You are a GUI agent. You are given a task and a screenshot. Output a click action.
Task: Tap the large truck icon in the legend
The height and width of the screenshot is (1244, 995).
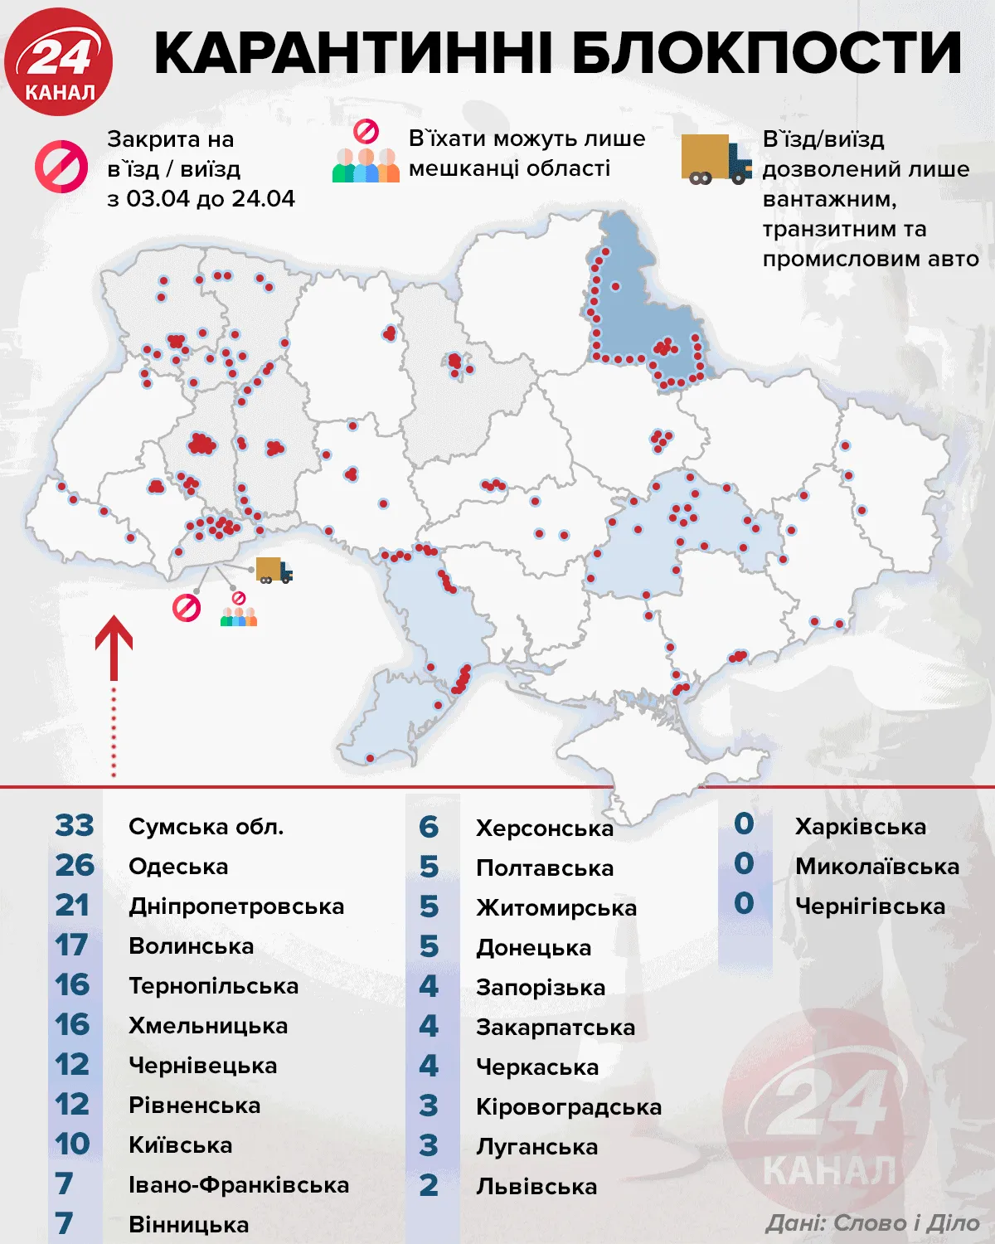(716, 159)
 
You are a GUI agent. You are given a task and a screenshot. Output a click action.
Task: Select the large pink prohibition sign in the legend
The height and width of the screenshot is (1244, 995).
(61, 167)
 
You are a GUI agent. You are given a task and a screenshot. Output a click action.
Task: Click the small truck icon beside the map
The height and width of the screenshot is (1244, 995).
(274, 571)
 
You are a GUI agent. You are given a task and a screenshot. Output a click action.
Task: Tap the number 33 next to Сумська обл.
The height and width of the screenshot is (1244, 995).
(75, 826)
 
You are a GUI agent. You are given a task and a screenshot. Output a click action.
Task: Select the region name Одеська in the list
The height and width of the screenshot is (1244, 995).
(178, 867)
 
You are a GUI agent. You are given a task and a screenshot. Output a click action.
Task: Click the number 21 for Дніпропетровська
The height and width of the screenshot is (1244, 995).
(72, 906)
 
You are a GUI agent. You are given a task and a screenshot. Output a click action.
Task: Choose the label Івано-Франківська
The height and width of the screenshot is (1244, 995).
(239, 1185)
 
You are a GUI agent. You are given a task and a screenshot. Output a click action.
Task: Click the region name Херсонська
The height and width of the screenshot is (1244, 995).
(545, 829)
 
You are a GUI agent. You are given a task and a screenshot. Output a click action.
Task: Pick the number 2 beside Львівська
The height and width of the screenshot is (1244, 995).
(429, 1186)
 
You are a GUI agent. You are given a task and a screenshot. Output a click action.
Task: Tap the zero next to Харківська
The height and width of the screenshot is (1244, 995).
(744, 824)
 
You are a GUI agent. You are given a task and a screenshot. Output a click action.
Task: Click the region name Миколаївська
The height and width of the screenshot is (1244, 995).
(876, 867)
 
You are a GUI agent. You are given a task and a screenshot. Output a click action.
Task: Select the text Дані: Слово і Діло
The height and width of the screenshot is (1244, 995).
(871, 1222)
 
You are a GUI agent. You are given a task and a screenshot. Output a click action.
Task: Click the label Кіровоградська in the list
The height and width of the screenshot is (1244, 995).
(569, 1107)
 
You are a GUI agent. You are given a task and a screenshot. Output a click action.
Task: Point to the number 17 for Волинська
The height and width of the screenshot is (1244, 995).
(72, 945)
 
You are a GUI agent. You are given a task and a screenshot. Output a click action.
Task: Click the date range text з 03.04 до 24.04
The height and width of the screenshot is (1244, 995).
(201, 199)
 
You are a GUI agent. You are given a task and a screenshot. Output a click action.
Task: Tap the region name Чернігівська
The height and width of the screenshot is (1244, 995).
(870, 906)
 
